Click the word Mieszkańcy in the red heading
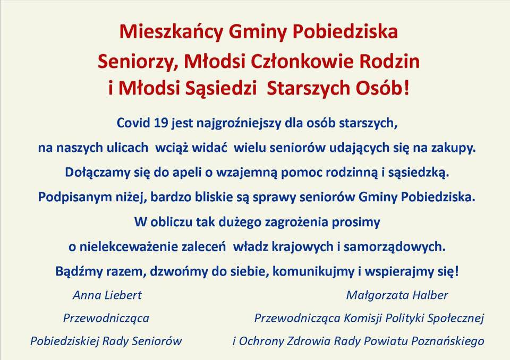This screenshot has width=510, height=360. click(x=172, y=32)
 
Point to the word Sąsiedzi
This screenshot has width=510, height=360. click(x=221, y=89)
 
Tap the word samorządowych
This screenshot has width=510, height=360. click(x=394, y=247)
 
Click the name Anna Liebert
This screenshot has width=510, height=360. click(x=107, y=295)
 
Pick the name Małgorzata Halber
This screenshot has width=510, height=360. click(x=397, y=296)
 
